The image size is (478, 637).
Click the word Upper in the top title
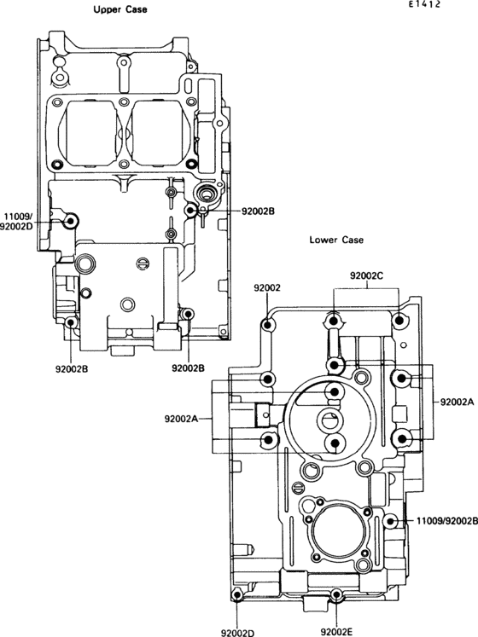[108, 9]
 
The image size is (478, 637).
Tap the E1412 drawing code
[425, 4]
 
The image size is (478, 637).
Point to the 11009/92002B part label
[447, 520]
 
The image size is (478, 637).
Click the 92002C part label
[366, 275]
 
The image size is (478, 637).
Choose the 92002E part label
[336, 632]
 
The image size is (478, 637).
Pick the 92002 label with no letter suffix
[267, 287]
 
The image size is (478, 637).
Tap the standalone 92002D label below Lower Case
[237, 633]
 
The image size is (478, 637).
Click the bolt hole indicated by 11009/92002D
[70, 222]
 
